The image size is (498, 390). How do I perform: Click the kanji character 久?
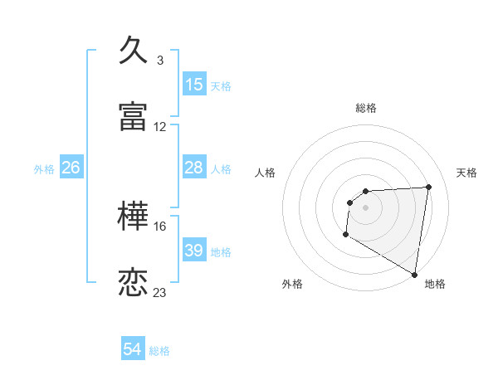coord(134,50)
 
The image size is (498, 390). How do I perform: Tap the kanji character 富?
coord(134,117)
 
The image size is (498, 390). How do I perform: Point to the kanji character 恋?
coord(134,283)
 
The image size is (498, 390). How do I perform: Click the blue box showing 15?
coord(194,85)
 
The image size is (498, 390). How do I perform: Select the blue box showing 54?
coord(133,350)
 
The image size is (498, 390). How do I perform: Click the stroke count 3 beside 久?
coord(160,61)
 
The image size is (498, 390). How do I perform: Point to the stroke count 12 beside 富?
coord(160,127)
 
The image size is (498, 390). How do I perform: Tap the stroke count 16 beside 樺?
coord(160,226)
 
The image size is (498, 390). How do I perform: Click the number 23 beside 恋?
coord(160,293)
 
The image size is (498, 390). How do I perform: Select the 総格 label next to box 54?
coord(159,351)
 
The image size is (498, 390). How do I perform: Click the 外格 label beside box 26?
coord(44,169)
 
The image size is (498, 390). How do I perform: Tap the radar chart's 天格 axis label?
coord(467,173)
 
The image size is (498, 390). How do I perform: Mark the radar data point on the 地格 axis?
coord(415,275)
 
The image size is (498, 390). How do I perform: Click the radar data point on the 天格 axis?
coord(428,187)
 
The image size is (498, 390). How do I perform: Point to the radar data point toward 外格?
coord(345,235)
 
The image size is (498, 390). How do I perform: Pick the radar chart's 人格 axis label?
coord(265,173)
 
